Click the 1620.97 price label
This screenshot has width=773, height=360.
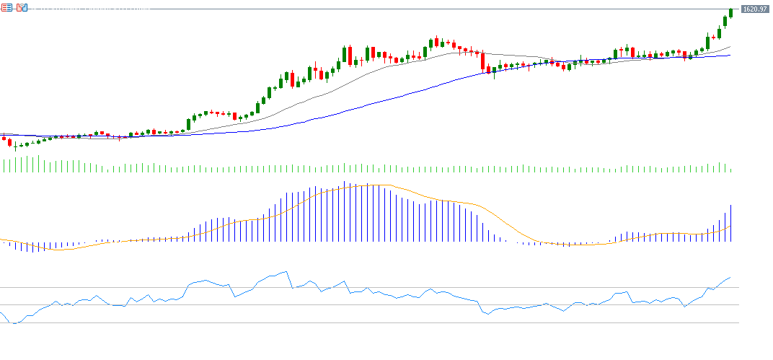pyautogui.click(x=754, y=9)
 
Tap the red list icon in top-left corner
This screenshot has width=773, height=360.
pyautogui.click(x=7, y=7)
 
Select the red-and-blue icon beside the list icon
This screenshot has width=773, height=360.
pyautogui.click(x=22, y=7)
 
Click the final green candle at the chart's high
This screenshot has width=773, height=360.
pyautogui.click(x=730, y=12)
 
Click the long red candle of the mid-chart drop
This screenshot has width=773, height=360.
pyautogui.click(x=483, y=61)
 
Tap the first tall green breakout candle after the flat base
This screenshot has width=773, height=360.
pyautogui.click(x=189, y=124)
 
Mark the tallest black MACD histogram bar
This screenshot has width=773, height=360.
pyautogui.click(x=345, y=211)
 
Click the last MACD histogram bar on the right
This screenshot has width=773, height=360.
pyautogui.click(x=730, y=223)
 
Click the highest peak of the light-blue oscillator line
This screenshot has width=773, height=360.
pyautogui.click(x=287, y=272)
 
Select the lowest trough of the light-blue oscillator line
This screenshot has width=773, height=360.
pyautogui.click(x=16, y=324)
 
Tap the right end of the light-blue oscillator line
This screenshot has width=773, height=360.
pyautogui.click(x=730, y=277)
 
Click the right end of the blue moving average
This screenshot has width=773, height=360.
pyautogui.click(x=730, y=55)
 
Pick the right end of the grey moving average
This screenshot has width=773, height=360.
pyautogui.click(x=730, y=47)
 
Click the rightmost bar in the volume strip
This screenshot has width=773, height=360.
pyautogui.click(x=730, y=170)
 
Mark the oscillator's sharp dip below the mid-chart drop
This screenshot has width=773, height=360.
pyautogui.click(x=487, y=314)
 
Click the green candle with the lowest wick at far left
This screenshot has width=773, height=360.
pyautogui.click(x=15, y=146)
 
